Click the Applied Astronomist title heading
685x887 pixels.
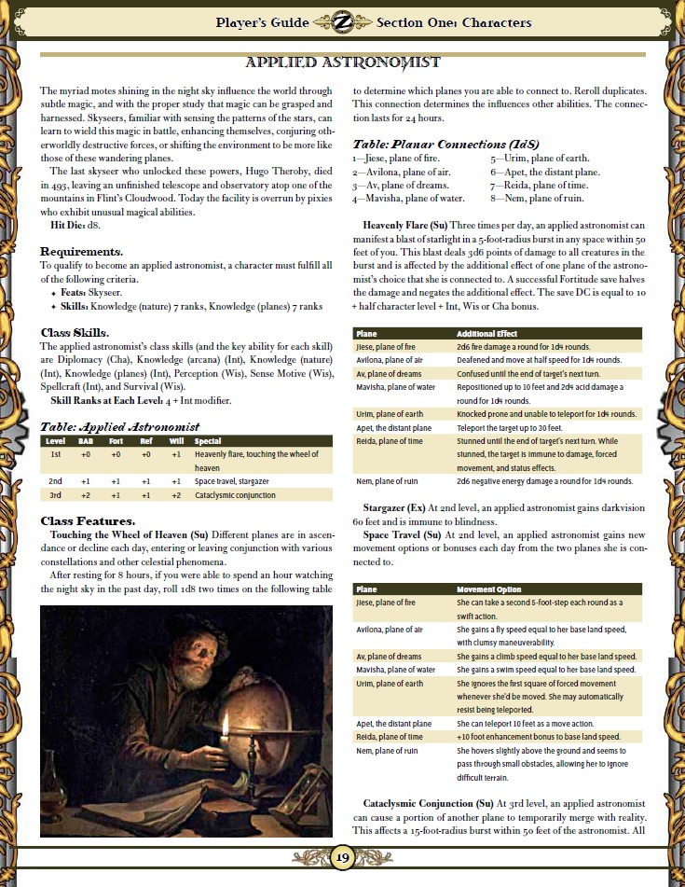pyautogui.click(x=342, y=62)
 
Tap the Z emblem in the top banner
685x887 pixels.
pyautogui.click(x=342, y=21)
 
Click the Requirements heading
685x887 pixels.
pyautogui.click(x=81, y=252)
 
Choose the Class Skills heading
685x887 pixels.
pyautogui.click(x=75, y=332)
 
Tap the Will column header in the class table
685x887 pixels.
pyautogui.click(x=176, y=441)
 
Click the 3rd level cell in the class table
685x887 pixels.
pyautogui.click(x=55, y=495)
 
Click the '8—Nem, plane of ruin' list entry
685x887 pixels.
pyautogui.click(x=538, y=198)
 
